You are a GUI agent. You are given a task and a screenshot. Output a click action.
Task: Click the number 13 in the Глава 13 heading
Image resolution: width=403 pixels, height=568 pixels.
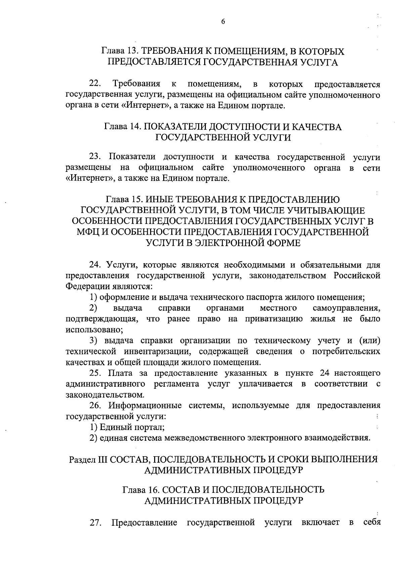click(x=133, y=51)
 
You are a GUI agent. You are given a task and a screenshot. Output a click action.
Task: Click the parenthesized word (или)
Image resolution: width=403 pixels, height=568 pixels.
click(x=369, y=341)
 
